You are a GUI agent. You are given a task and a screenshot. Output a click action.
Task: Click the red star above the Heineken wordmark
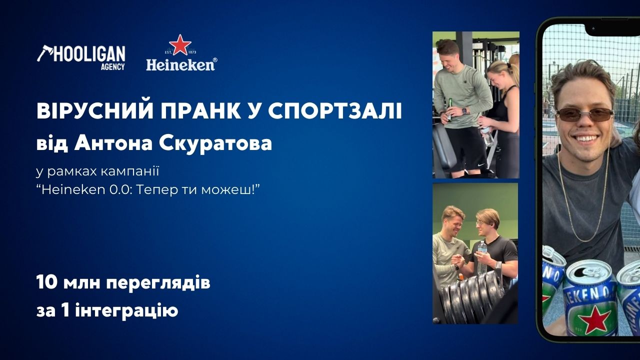coord(180,45)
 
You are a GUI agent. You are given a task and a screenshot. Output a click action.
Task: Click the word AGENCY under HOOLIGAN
coord(113,66)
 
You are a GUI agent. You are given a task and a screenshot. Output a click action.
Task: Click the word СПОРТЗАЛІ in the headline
coord(335,111)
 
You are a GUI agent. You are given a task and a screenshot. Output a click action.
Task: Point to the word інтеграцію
coord(126,311)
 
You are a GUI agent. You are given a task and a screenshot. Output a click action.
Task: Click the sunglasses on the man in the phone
coord(584,115)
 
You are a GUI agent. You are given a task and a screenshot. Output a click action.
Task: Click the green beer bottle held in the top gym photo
coord(449,109)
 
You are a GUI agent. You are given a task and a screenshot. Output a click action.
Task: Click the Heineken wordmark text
coord(181,64)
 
